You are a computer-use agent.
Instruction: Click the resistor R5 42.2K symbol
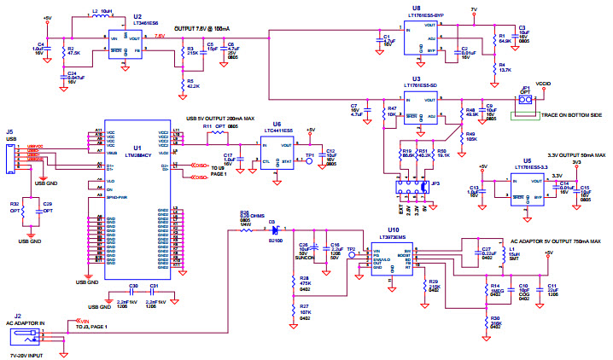click(179, 83)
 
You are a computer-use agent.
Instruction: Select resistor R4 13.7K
click(494, 67)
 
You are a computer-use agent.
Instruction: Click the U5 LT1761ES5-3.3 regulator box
click(527, 186)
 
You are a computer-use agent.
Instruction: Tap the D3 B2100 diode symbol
click(274, 230)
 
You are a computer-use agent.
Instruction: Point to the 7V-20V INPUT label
click(26, 352)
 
